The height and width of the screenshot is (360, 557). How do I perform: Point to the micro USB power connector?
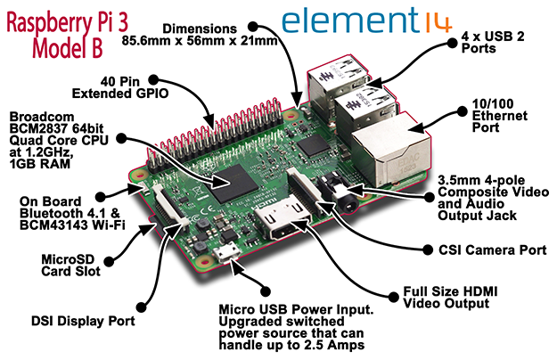click(230, 253)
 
